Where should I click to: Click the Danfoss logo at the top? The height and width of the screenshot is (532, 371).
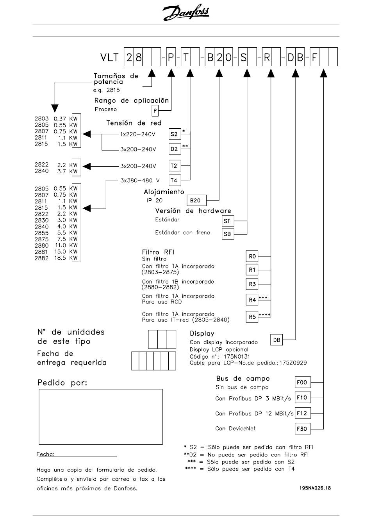pos(186,12)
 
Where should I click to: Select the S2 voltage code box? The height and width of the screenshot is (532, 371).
pos(175,134)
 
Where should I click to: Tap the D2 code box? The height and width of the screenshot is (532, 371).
pos(175,149)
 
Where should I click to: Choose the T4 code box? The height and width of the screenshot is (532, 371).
pos(175,180)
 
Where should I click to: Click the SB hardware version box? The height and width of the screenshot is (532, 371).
pos(228,234)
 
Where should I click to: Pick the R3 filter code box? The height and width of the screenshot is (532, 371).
pos(252,284)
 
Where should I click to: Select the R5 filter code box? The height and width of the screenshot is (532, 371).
pos(252,317)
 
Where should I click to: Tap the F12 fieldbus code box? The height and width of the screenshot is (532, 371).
pos(303,413)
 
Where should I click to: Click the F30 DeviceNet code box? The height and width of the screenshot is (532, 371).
pos(303,429)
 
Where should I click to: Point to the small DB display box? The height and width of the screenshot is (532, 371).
pos(276,340)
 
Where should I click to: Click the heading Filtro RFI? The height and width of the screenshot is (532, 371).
pos(158,252)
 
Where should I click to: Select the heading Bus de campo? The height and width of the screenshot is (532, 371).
pos(243,379)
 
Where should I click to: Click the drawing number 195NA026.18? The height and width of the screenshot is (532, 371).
pos(315,488)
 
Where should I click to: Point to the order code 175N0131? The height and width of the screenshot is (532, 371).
pos(237,357)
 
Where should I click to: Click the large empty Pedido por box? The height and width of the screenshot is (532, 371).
pos(101,417)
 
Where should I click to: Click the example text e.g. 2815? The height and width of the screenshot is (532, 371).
pos(107,90)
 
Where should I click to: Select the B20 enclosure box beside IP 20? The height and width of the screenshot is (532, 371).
pos(196,200)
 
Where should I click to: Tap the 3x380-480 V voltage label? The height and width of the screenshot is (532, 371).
pos(140,180)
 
